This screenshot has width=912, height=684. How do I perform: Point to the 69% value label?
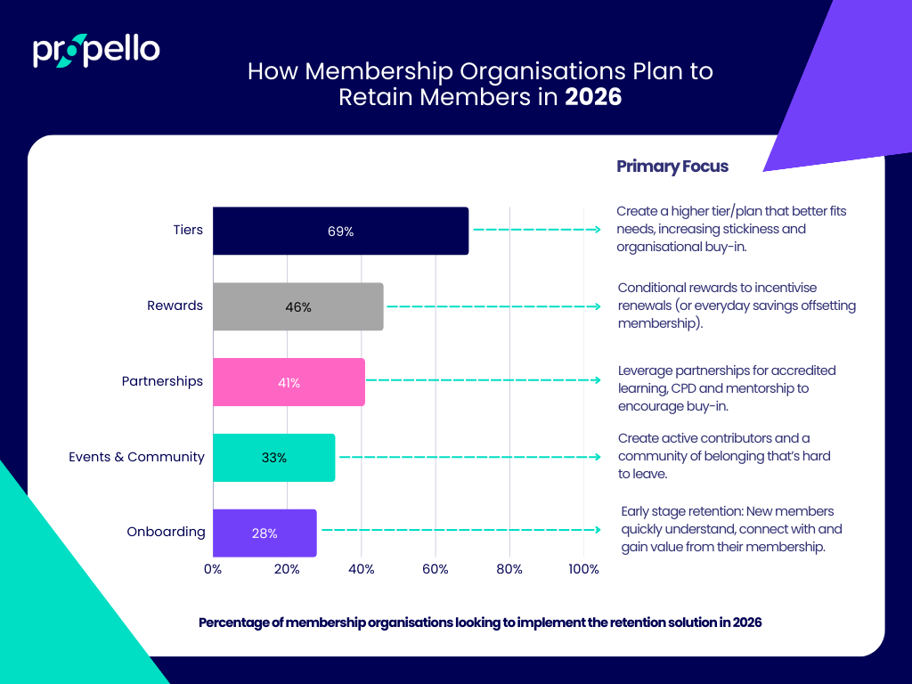click(x=340, y=232)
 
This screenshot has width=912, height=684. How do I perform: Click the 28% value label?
click(x=265, y=533)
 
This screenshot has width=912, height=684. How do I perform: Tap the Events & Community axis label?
click(x=136, y=457)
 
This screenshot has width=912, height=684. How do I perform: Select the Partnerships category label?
click(x=162, y=381)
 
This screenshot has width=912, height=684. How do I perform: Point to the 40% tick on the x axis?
click(x=361, y=569)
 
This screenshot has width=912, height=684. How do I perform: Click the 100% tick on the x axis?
click(x=583, y=569)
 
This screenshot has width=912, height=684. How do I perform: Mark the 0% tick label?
click(x=213, y=569)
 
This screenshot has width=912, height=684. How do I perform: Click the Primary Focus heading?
click(x=672, y=167)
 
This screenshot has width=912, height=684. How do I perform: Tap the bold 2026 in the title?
click(x=593, y=96)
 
